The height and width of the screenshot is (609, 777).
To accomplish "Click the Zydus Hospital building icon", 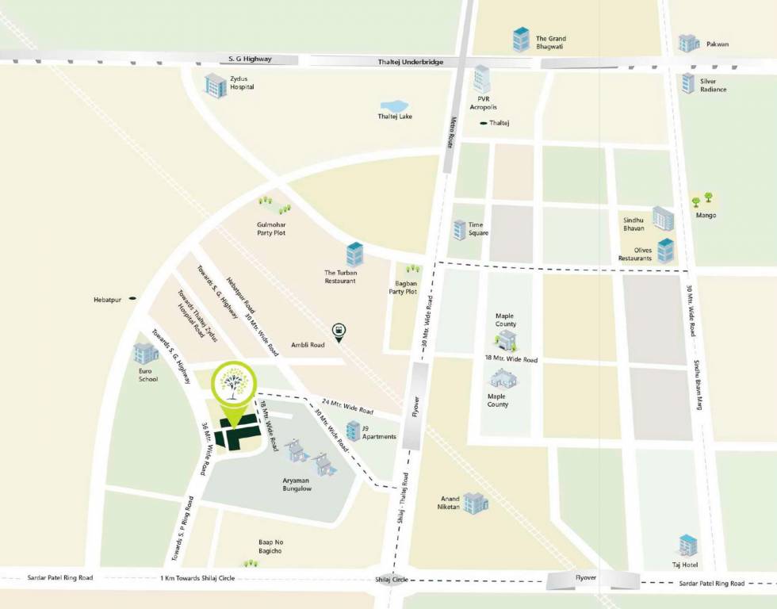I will tap(216, 85).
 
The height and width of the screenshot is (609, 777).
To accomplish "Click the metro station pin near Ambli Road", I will tap(339, 331).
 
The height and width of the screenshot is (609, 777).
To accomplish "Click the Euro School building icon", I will tap(146, 354).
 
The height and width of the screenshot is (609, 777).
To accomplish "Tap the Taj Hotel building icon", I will tap(688, 546).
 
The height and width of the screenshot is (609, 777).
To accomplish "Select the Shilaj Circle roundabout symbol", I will tap(385, 580).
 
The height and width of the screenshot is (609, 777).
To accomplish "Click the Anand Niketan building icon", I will tap(476, 502).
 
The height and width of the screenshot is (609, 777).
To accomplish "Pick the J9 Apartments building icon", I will tap(353, 431).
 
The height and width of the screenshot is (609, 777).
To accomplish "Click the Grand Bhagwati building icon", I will tap(521, 39).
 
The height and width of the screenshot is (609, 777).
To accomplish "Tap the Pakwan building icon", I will tap(689, 43).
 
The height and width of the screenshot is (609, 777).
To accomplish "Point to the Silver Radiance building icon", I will tap(687, 82).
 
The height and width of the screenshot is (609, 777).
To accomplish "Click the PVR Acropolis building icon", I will tap(482, 79).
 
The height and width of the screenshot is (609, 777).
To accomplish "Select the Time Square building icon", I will tap(459, 230).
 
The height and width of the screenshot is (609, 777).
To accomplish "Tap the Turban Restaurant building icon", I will tap(354, 255).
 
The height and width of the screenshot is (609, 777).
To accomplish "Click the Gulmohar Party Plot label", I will tap(270, 228).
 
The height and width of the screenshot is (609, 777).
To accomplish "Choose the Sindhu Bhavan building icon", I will tap(663, 218).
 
